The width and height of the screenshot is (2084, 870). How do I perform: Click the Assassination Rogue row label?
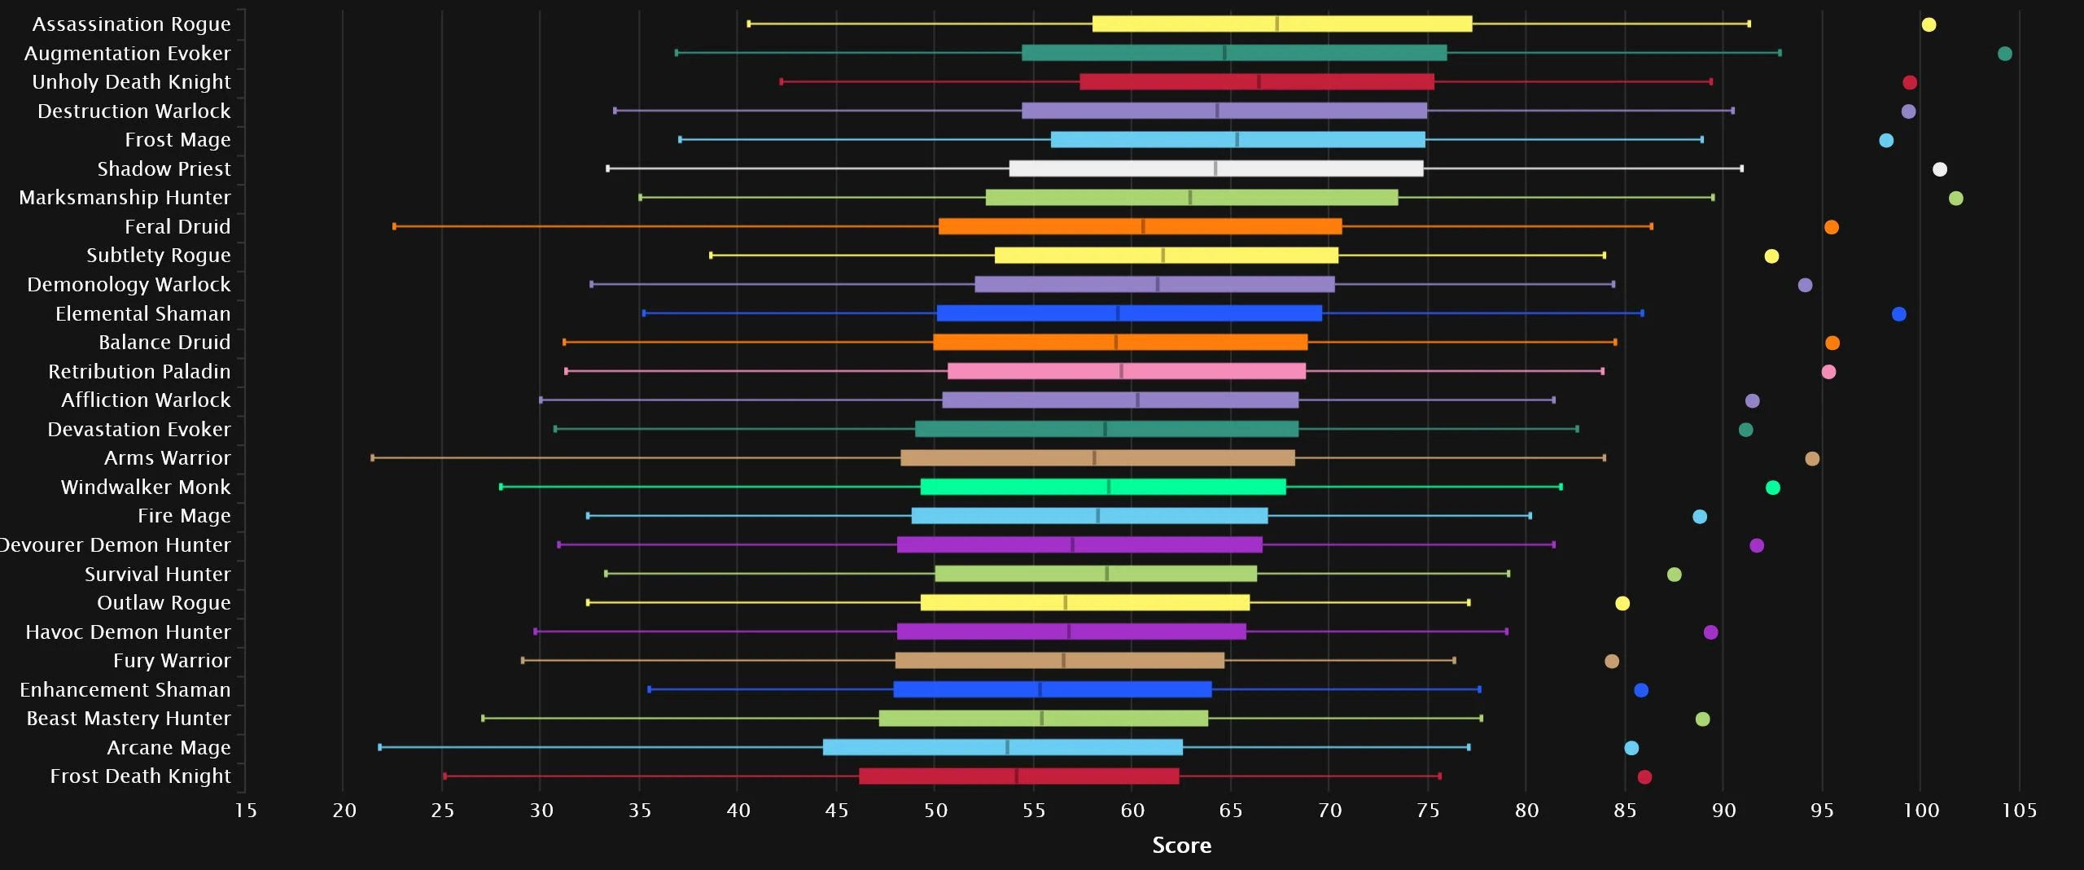pyautogui.click(x=131, y=24)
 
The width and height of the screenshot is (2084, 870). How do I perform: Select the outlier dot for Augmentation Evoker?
pyautogui.click(x=2004, y=54)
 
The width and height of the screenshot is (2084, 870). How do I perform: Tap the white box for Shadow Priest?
pyautogui.click(x=1215, y=168)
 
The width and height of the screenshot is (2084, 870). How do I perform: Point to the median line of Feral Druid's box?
pyautogui.click(x=1143, y=226)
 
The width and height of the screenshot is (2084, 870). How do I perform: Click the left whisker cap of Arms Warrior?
pyautogui.click(x=373, y=458)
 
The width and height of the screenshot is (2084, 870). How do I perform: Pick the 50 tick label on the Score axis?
pyautogui.click(x=935, y=811)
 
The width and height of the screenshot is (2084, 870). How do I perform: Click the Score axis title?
pyautogui.click(x=1181, y=846)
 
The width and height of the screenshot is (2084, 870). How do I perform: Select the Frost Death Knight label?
pyautogui.click(x=140, y=776)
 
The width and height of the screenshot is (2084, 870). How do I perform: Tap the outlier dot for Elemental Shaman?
pyautogui.click(x=1898, y=314)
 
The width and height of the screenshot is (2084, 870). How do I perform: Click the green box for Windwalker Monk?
pyautogui.click(x=1103, y=487)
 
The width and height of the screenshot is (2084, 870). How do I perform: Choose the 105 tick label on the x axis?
pyautogui.click(x=2019, y=811)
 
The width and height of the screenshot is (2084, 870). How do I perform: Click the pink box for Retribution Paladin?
pyautogui.click(x=1126, y=371)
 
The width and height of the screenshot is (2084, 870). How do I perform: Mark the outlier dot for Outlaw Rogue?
pyautogui.click(x=1622, y=603)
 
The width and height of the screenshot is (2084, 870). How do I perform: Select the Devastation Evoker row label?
pyautogui.click(x=138, y=430)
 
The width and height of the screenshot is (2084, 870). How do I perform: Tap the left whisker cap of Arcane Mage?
pyautogui.click(x=379, y=747)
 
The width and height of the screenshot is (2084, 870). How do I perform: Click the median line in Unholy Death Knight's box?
pyautogui.click(x=1259, y=82)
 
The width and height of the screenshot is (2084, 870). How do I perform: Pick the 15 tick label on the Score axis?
pyautogui.click(x=245, y=811)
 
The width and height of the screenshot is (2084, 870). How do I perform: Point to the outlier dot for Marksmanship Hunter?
pyautogui.click(x=1955, y=199)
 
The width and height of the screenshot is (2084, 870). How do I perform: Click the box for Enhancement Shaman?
pyautogui.click(x=1052, y=689)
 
